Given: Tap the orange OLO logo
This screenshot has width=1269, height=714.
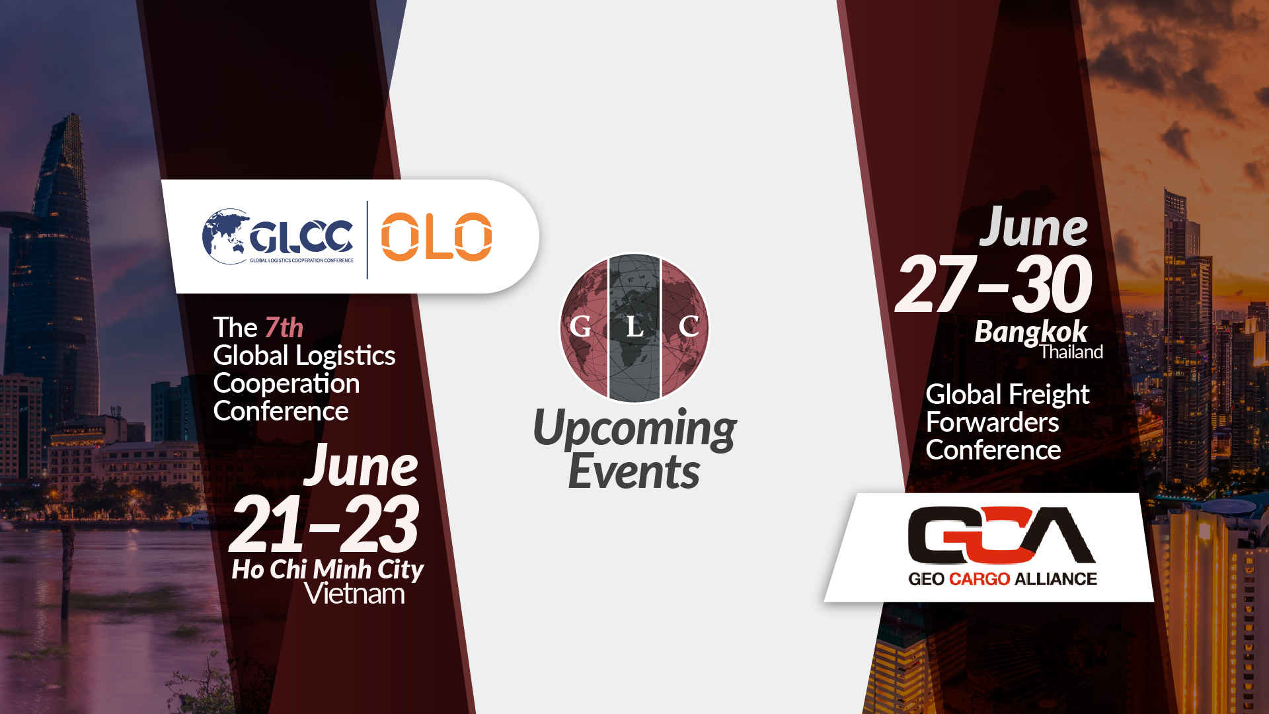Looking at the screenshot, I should pos(436,237).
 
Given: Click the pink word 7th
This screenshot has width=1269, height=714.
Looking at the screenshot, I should pos(284,328).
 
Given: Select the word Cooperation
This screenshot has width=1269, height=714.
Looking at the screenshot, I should pos(286,383).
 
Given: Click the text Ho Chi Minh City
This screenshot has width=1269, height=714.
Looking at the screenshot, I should pos(327,569).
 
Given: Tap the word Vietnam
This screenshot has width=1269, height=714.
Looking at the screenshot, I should pos(354,594).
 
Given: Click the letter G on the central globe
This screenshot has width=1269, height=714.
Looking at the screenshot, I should pos(580,327).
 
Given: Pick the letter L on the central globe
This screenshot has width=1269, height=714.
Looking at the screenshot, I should pos(634,327).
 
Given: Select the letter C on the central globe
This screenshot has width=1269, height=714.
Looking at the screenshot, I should pos(689,327).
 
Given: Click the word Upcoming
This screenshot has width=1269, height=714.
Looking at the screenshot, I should pos(634,428).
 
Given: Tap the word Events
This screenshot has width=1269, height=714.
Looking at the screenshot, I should pos(634,472).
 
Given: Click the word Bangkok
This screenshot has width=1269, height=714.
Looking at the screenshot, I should pos(1030,332).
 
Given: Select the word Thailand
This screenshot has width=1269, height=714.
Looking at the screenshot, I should pos(1071,352).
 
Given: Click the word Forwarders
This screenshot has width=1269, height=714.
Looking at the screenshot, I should pos(992,422).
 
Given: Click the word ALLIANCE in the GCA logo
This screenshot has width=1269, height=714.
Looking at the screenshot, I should pos(1056,579).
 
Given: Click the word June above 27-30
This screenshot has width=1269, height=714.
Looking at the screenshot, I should pos(1033,228).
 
